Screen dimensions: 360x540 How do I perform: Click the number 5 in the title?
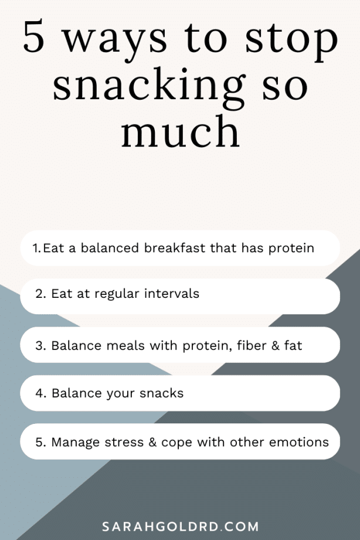tap(34, 36)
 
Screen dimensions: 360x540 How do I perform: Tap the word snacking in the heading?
tap(149, 87)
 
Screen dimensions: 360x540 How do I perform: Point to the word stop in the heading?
tap(291, 41)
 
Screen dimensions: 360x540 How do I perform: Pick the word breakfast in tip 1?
tap(175, 247)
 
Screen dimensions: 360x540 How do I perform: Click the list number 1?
tap(36, 248)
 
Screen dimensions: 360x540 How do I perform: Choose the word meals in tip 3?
tap(125, 345)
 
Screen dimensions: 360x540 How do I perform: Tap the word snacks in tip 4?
tap(162, 393)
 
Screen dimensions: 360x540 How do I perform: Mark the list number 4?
tap(40, 393)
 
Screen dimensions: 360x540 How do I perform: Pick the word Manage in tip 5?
tap(76, 443)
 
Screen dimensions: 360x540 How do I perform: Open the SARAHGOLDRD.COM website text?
tap(181, 527)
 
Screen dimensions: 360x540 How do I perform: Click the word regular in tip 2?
tap(117, 294)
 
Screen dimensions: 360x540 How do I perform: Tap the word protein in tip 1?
tap(291, 249)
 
